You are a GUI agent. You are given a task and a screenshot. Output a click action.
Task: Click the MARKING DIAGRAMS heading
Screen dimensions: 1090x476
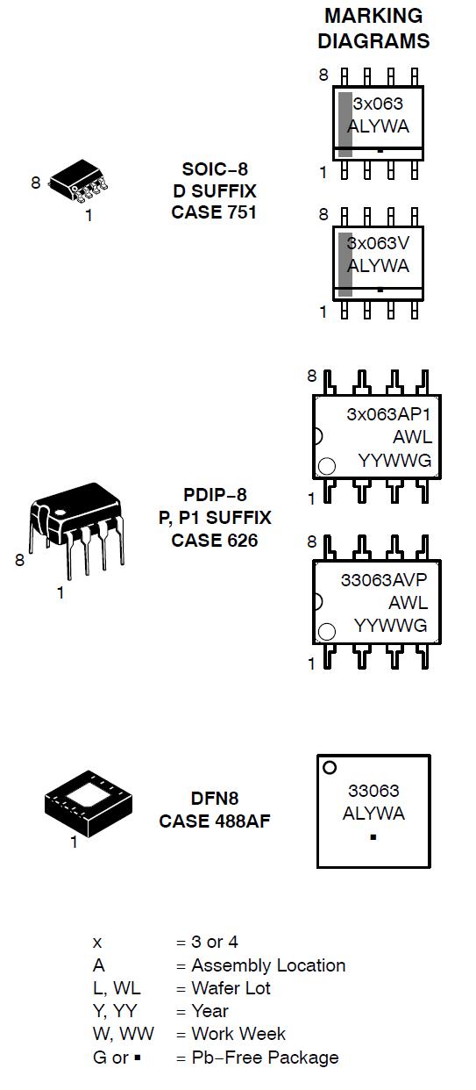373,28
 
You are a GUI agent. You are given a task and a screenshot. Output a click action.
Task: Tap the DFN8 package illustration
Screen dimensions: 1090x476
89,803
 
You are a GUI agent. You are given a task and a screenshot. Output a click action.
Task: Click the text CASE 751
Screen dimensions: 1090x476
214,212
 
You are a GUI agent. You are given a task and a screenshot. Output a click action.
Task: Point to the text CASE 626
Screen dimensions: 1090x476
215,541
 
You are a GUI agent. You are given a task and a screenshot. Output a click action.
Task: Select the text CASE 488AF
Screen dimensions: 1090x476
214,821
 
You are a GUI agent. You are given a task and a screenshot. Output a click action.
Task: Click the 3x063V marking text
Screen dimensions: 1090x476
378,243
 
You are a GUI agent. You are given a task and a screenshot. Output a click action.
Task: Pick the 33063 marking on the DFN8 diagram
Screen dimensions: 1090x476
373,791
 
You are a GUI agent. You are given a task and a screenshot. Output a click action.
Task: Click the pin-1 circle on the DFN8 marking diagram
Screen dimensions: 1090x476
330,768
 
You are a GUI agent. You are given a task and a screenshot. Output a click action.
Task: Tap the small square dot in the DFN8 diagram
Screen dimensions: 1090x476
373,837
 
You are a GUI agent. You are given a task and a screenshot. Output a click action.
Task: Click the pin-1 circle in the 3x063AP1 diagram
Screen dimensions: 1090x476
327,466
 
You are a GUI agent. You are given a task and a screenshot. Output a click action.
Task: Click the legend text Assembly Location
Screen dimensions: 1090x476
268,965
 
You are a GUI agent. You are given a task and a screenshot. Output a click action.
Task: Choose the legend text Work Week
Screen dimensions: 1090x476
238,1034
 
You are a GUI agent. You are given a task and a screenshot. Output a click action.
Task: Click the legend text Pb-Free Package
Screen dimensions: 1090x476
265,1058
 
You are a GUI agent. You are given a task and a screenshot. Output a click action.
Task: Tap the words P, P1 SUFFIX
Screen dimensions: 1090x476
215,518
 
